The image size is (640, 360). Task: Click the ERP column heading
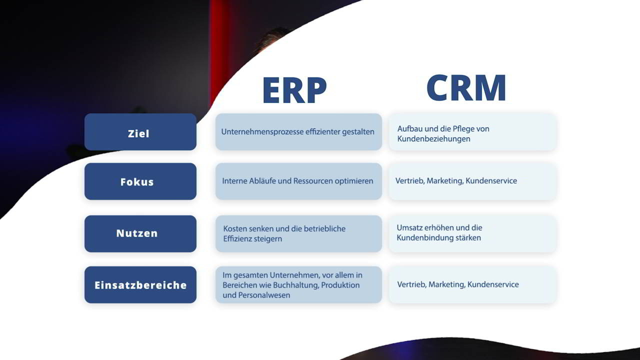pyautogui.click(x=294, y=89)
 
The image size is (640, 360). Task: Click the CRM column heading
pyautogui.click(x=466, y=87)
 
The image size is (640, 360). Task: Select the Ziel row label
pyautogui.click(x=138, y=133)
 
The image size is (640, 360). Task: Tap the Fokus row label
pyautogui.click(x=137, y=181)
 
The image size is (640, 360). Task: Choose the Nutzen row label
pyautogui.click(x=137, y=233)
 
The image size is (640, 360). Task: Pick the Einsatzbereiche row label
pyautogui.click(x=140, y=285)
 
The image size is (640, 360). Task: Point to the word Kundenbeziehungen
pyautogui.click(x=433, y=139)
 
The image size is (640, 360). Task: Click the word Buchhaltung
pyautogui.click(x=296, y=285)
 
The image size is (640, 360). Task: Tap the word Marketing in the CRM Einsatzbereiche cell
pyautogui.click(x=447, y=284)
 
